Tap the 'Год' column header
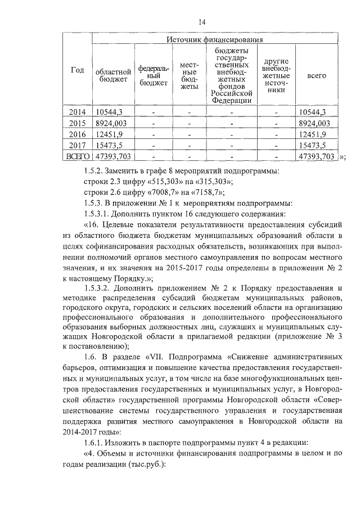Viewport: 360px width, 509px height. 78,70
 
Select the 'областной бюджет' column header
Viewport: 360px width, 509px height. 113,75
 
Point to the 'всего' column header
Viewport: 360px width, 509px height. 317,75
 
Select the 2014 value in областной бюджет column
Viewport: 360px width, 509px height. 109,112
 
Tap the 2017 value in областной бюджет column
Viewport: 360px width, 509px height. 109,145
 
